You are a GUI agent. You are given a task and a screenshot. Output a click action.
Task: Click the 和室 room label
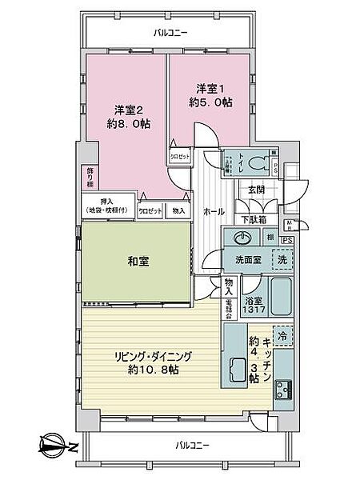point(135,262)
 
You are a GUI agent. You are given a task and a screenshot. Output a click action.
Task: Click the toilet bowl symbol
point(258,162)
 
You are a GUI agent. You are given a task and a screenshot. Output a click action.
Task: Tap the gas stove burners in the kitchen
point(284,390)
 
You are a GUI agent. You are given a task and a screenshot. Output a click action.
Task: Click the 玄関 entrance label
point(256,189)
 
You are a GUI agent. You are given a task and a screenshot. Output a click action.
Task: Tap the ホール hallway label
point(213,212)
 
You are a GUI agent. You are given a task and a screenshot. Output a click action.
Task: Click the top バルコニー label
point(169,33)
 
